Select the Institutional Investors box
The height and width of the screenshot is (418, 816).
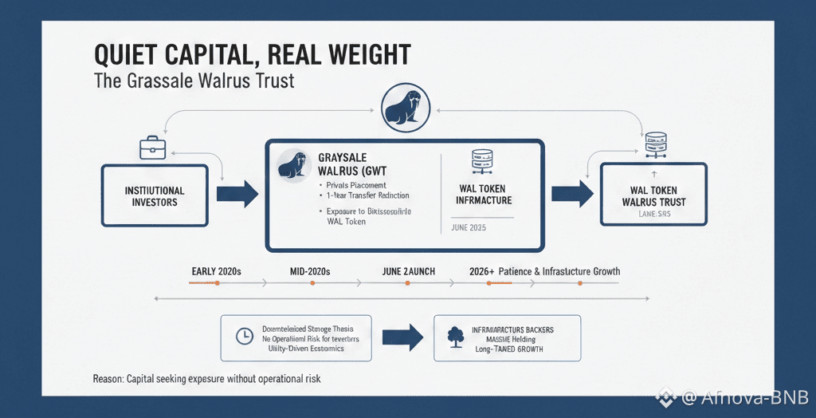[155, 195]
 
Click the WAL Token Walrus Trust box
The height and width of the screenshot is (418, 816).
[653, 195]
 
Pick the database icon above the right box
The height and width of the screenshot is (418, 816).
[655, 144]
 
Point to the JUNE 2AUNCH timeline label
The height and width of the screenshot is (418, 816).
[408, 271]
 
